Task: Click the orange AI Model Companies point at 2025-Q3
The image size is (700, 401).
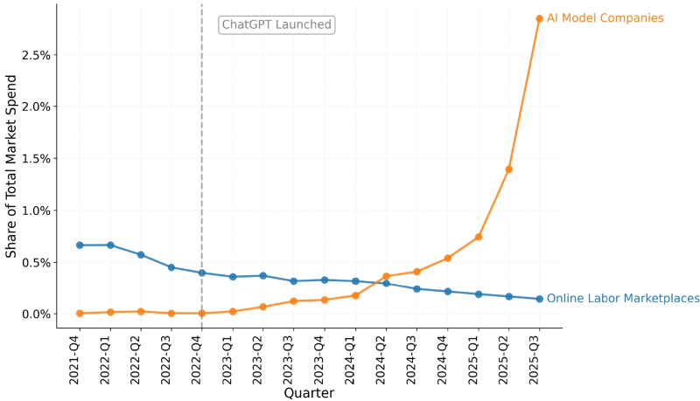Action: (x=539, y=18)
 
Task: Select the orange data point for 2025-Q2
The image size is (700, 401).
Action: (x=508, y=169)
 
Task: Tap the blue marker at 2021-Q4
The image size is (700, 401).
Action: (x=80, y=245)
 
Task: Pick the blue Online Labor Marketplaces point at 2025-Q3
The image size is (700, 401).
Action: (x=539, y=299)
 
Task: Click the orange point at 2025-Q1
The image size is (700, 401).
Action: (x=478, y=237)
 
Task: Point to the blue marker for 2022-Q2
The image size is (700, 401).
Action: (x=141, y=255)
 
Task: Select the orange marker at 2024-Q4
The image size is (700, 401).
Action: (x=447, y=258)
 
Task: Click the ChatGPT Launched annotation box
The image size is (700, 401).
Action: (x=276, y=24)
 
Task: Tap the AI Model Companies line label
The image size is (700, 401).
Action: (x=605, y=18)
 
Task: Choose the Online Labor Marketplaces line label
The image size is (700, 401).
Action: (x=623, y=299)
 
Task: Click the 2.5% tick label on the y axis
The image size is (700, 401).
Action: (x=31, y=55)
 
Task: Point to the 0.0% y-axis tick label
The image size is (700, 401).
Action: (x=31, y=315)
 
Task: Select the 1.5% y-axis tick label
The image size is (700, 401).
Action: (x=31, y=159)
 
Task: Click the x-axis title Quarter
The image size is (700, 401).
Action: (x=309, y=393)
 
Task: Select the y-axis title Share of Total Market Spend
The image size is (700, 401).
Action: (x=11, y=166)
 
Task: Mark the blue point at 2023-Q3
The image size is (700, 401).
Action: (x=294, y=281)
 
